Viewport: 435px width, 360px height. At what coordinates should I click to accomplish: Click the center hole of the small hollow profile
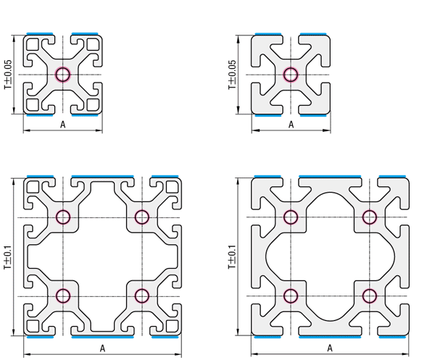62,74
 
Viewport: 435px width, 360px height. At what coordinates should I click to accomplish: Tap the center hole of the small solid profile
291,74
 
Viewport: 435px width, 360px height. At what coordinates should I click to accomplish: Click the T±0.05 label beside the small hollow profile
8,74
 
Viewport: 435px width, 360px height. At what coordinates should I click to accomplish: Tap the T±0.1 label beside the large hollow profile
8,256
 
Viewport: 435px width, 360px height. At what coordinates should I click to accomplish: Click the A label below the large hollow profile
102,348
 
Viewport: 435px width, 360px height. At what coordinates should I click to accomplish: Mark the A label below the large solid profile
331,348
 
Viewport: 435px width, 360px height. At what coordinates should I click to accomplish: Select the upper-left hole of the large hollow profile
62,217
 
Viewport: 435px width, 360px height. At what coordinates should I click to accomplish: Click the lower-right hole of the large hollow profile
141,296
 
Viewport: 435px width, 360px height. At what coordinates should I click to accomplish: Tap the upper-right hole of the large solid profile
370,217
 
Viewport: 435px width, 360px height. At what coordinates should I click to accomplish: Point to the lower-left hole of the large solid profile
291,296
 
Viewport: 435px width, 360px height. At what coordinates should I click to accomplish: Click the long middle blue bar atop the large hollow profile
102,176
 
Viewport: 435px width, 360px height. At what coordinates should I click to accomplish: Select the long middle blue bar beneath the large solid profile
331,337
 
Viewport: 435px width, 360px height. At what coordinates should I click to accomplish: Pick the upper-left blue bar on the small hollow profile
40,33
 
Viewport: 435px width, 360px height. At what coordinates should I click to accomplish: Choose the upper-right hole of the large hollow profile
141,217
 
